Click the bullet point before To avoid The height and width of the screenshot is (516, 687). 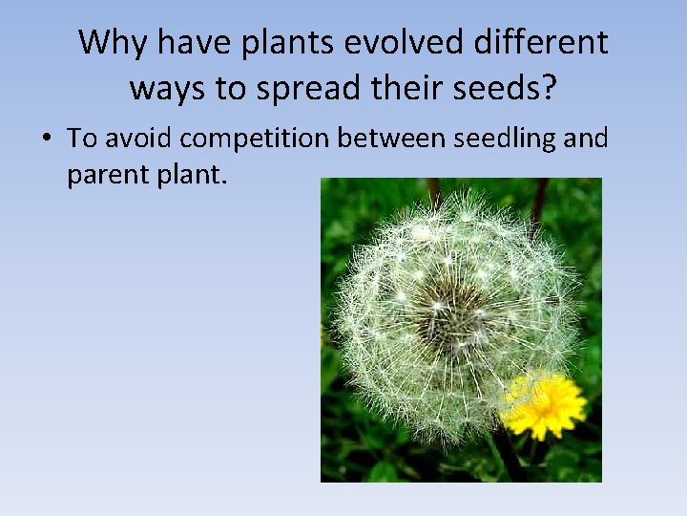(47, 140)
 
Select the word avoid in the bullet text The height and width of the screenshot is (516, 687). (138, 139)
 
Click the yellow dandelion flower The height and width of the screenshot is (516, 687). (545, 405)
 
